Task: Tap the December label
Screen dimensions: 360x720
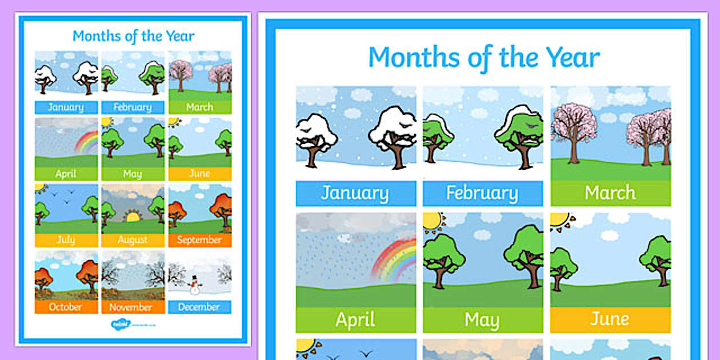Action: (199, 307)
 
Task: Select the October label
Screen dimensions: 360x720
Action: (66, 307)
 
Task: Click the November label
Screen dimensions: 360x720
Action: (133, 307)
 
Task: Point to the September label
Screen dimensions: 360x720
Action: (199, 240)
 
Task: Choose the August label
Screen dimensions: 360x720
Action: (133, 240)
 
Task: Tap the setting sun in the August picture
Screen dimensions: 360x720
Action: (133, 217)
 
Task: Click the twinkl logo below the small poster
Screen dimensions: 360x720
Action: (121, 324)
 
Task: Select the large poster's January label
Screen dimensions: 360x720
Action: (355, 193)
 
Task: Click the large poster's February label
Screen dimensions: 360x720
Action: (482, 193)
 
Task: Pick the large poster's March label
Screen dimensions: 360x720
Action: (610, 193)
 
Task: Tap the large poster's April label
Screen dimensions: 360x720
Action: (355, 320)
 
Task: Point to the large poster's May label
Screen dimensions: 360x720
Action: (482, 320)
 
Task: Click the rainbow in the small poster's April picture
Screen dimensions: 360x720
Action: (87, 143)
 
